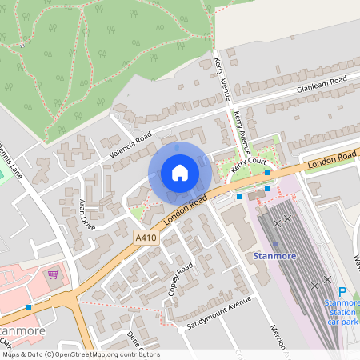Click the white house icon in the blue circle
click(180, 173)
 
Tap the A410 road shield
click(146, 238)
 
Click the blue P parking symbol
click(342, 293)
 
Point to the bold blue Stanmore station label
click(275, 256)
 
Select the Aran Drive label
click(87, 215)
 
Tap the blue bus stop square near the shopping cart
click(30, 307)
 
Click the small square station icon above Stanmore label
click(275, 244)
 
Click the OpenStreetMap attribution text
click(81, 354)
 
